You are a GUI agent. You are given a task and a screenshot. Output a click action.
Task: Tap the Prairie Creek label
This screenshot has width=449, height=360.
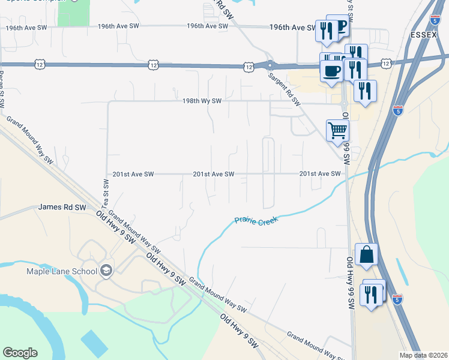258,221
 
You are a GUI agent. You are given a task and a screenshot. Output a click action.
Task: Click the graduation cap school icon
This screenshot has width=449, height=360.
106,271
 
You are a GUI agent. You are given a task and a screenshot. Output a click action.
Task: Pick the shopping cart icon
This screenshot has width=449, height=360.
337,130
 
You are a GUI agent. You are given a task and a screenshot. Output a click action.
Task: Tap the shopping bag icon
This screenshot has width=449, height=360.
366,254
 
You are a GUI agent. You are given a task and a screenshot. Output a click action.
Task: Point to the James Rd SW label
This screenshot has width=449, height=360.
62,207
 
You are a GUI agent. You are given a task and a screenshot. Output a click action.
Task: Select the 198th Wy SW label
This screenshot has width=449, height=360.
202,101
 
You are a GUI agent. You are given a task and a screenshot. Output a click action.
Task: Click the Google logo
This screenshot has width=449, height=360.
20,352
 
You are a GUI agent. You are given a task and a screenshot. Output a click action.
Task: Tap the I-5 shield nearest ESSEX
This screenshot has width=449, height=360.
433,21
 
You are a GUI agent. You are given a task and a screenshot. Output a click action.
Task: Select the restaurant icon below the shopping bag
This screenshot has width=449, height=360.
371,294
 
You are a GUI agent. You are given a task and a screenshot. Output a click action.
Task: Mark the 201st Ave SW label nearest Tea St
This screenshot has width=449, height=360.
133,174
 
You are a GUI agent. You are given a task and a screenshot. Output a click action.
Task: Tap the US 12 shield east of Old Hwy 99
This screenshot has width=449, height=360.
385,62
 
